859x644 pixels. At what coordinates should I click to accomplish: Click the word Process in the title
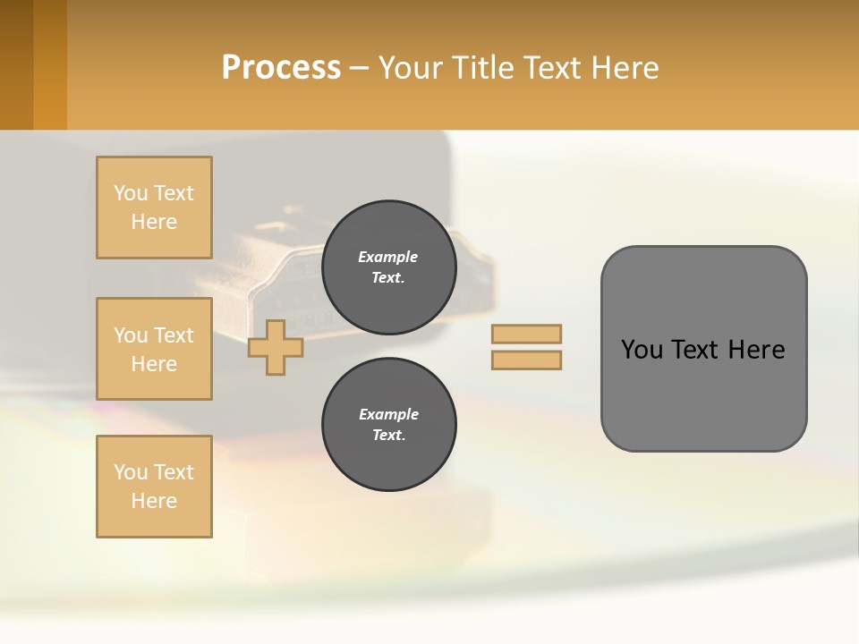pos(281,67)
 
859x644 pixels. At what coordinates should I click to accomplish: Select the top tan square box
pos(154,208)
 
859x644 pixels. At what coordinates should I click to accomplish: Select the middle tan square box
pos(154,349)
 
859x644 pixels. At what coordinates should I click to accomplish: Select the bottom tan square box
pos(154,487)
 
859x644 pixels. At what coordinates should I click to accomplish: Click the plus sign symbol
pos(275,347)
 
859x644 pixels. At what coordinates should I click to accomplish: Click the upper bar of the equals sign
pos(527,334)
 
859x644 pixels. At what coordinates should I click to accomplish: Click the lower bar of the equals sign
pos(527,360)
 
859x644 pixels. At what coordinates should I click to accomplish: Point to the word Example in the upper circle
pos(388,257)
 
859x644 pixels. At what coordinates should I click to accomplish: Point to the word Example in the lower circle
pos(388,414)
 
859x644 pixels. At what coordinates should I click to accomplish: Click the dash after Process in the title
pos(360,68)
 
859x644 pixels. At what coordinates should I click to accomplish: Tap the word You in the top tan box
pos(131,193)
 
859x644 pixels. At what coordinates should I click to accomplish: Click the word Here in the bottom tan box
pos(154,501)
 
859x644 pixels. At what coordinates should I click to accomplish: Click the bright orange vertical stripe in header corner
pos(49,64)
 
